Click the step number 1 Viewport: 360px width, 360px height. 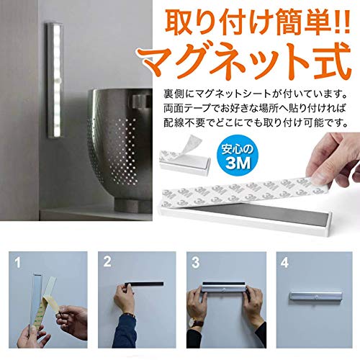tap(17, 263)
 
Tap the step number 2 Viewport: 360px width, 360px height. tap(107, 261)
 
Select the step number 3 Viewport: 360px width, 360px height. tap(196, 262)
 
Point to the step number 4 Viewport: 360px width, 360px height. tap(284, 263)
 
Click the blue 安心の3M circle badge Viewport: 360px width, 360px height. tap(238, 156)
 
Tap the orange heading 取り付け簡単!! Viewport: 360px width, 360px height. tap(257, 24)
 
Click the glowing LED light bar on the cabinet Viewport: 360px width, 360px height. tap(55, 81)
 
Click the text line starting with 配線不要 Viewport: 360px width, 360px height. tap(256, 122)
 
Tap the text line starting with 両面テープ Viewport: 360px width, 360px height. tap(255, 108)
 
